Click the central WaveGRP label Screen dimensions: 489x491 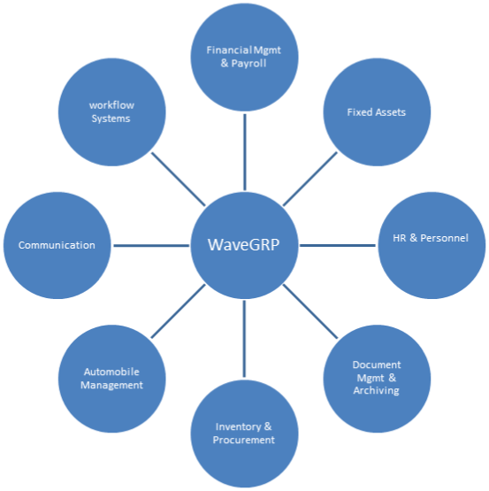pos(243,244)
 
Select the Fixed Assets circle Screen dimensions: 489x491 pos(377,112)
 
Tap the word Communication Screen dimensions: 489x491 pos(57,245)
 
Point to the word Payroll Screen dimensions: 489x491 pos(248,64)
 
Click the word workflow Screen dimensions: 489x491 pos(111,105)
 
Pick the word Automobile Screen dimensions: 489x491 pos(111,372)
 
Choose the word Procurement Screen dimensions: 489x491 pos(243,440)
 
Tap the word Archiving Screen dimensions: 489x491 pos(377,391)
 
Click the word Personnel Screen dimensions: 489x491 pos(444,238)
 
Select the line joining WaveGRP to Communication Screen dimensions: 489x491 pos(151,246)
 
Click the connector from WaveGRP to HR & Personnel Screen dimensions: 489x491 pos(338,246)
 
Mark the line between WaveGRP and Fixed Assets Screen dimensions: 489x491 pos(310,179)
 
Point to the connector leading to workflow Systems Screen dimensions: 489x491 pos(178,179)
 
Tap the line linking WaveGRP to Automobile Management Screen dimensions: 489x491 pos(178,311)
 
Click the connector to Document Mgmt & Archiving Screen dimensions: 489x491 pos(310,311)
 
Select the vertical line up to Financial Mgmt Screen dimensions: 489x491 pos(245,152)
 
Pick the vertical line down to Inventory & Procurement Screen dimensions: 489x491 pos(244,339)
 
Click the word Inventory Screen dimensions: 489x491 pos(238,426)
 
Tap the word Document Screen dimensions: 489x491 pos(377,364)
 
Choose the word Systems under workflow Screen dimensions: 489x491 pos(111,119)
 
